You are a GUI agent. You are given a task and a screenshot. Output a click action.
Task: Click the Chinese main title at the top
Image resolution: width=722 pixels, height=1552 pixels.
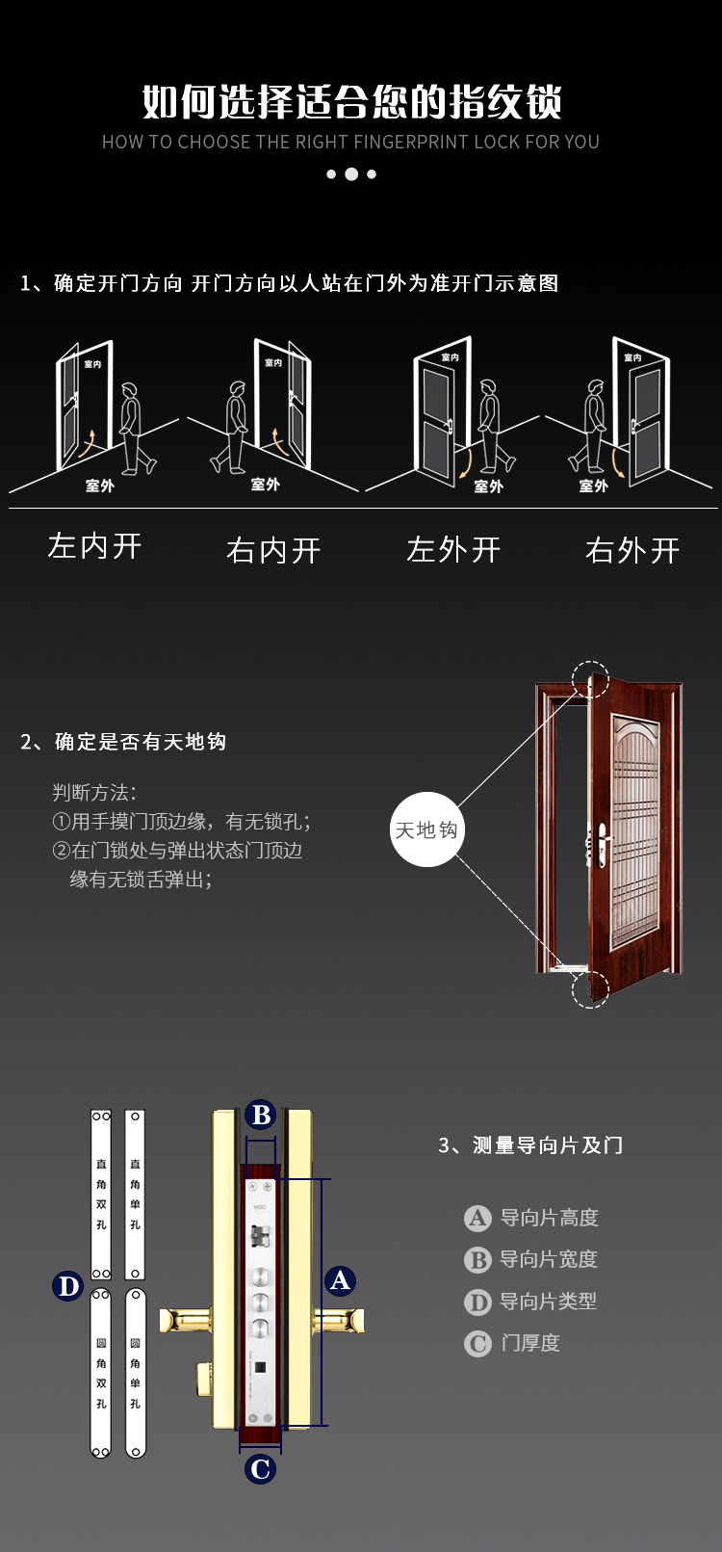tap(351, 102)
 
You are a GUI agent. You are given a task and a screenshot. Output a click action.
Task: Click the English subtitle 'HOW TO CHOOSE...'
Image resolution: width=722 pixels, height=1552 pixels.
tap(351, 143)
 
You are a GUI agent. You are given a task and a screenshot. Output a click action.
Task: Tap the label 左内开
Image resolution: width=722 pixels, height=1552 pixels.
tap(95, 546)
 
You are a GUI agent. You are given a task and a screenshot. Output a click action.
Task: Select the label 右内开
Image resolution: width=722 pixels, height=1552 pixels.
tap(273, 550)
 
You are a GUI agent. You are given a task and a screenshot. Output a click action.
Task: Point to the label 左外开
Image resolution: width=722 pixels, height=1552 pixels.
tap(453, 549)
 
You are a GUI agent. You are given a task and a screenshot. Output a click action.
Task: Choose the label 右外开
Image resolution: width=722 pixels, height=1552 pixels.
tap(632, 550)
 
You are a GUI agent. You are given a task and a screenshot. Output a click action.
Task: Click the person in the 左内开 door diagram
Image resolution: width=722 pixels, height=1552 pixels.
tap(135, 428)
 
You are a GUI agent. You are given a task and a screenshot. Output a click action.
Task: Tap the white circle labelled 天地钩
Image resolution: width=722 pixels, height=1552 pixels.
tap(426, 829)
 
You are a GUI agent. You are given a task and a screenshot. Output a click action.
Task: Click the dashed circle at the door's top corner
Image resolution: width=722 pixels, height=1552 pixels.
tap(590, 679)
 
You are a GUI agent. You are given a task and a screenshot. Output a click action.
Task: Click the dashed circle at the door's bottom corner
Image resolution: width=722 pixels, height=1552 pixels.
tap(590, 989)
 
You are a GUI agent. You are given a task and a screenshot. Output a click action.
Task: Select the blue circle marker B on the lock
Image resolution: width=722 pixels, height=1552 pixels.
tap(261, 1115)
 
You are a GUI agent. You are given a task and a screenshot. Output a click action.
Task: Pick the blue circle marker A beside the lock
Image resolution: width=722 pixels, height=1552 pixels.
tap(340, 1280)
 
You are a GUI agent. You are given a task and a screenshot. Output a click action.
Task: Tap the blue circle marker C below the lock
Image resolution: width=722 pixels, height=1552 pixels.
tap(260, 1469)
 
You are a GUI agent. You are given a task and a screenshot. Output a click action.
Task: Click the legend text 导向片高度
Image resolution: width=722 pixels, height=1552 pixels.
tap(549, 1218)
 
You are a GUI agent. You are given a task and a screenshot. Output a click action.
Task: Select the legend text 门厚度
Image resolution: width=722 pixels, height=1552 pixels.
tap(530, 1343)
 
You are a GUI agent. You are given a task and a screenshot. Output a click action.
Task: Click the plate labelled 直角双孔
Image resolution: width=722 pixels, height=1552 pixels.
tap(101, 1195)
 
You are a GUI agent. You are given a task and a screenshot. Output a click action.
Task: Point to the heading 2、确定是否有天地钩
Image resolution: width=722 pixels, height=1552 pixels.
tap(123, 741)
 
